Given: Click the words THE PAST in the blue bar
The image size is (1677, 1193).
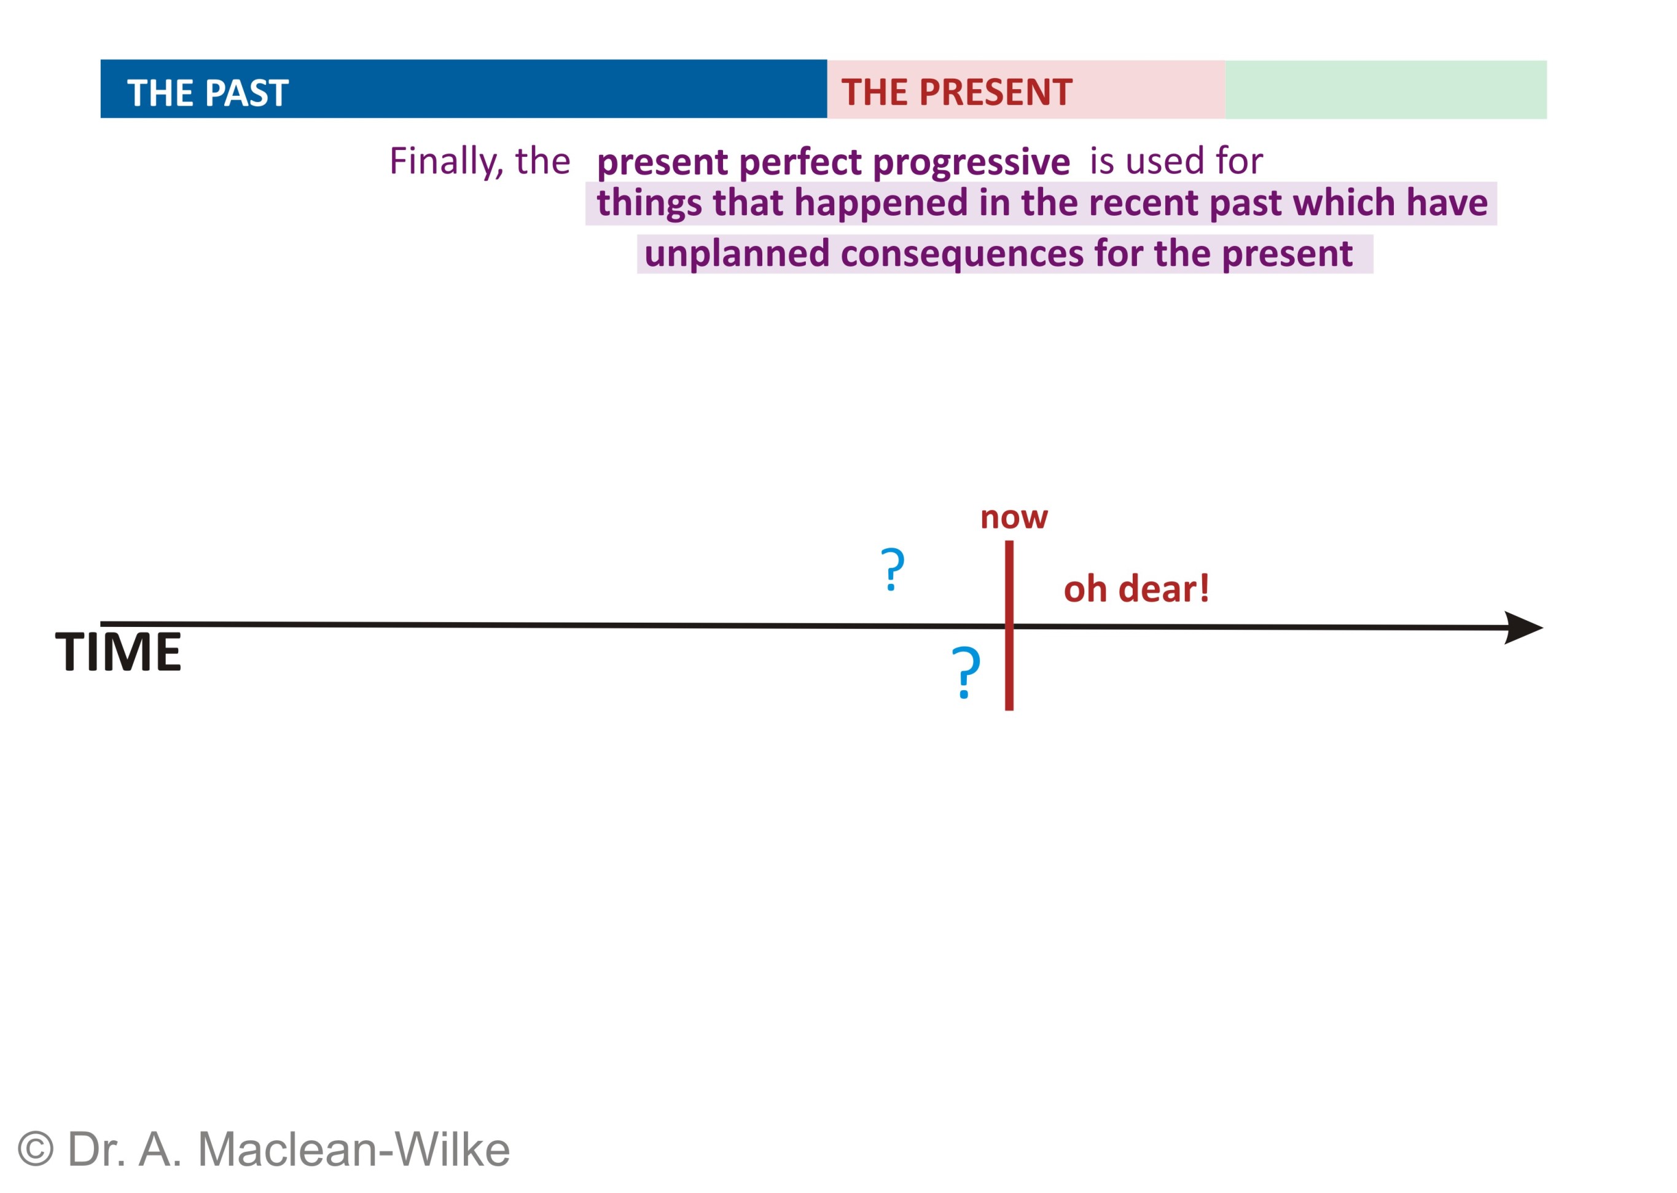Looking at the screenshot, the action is [208, 93].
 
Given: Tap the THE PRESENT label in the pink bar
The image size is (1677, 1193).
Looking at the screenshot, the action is [956, 93].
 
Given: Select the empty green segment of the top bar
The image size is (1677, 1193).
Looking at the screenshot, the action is [1385, 90].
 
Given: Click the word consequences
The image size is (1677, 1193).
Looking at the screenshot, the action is [962, 254].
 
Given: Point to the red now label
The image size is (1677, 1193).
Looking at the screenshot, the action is [1014, 518].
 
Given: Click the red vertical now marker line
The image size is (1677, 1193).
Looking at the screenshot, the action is [1009, 625].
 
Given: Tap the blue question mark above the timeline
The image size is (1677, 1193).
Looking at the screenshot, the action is [893, 569].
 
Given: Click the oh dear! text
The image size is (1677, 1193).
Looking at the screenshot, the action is [1136, 589].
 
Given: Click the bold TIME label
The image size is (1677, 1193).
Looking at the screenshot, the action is [118, 652].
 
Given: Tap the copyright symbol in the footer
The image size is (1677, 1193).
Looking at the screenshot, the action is [35, 1149].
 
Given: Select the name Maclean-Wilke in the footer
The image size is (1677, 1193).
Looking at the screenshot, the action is [354, 1149].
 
